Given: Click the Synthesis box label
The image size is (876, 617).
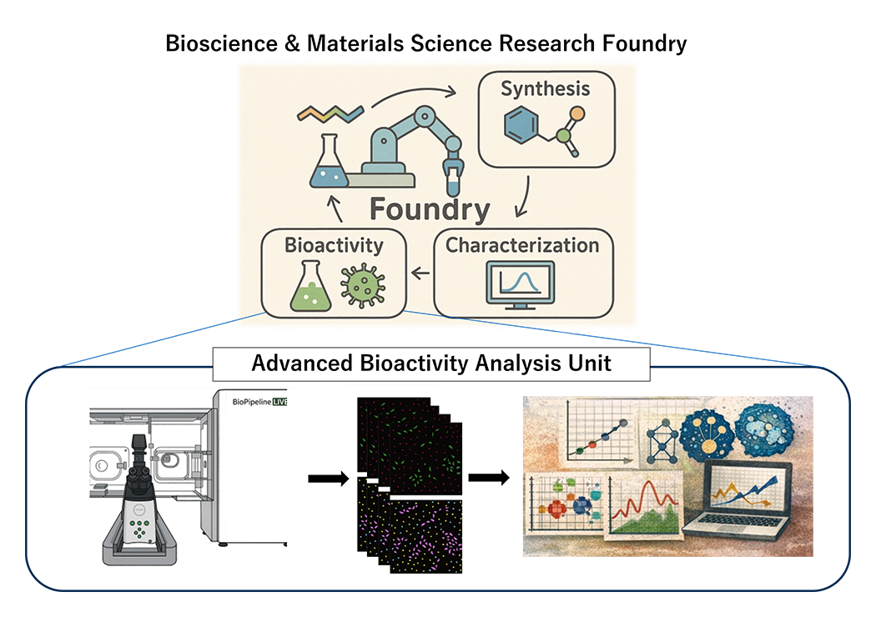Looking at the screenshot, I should point(545,89).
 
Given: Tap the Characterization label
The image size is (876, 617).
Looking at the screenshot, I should point(522,245).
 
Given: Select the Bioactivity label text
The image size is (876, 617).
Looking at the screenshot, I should point(334,246).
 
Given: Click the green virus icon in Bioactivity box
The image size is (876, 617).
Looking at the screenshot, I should point(362,287).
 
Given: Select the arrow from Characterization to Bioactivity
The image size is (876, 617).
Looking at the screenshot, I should point(422,271).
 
